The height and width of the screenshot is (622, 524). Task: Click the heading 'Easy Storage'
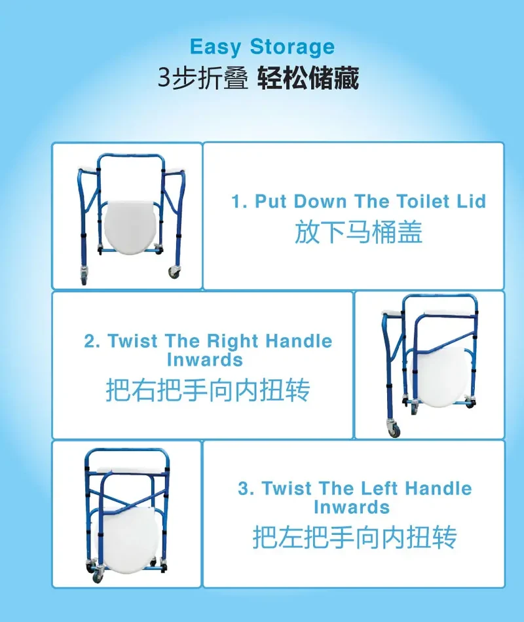tap(262, 47)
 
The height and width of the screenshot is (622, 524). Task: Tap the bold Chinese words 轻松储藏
tap(308, 78)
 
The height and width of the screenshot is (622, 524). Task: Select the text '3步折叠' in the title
tap(203, 78)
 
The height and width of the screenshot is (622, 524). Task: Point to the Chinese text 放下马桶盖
tap(358, 232)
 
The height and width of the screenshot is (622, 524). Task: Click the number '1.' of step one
tap(240, 202)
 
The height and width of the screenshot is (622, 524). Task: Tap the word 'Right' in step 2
tap(233, 342)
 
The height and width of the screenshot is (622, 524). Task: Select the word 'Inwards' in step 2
tap(205, 360)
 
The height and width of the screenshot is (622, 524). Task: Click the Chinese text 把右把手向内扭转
tap(208, 390)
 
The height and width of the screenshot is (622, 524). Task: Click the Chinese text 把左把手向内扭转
tap(354, 537)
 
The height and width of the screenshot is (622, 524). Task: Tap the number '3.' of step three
tap(246, 488)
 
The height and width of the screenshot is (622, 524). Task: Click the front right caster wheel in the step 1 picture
tap(174, 272)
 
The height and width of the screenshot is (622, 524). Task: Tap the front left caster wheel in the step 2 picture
tap(394, 430)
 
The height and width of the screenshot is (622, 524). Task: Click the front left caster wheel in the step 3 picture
tap(97, 576)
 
